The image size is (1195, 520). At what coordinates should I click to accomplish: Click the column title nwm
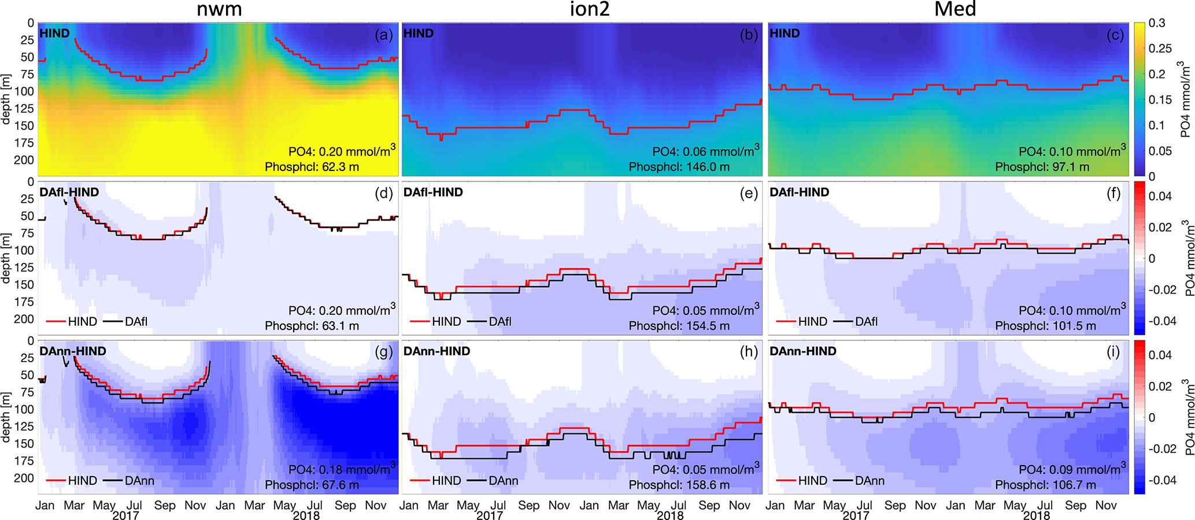pyautogui.click(x=219, y=9)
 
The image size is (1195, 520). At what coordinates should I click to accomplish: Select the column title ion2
pyautogui.click(x=589, y=9)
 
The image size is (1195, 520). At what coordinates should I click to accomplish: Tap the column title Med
pyautogui.click(x=955, y=9)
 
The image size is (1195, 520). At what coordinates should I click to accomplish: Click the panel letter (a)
pyautogui.click(x=384, y=35)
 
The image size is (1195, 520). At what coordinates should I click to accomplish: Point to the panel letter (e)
pyautogui.click(x=749, y=193)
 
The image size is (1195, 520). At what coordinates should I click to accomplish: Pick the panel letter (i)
pyautogui.click(x=1113, y=352)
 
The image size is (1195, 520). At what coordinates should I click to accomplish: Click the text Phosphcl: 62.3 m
pyautogui.click(x=312, y=167)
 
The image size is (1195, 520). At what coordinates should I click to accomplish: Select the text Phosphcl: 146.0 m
pyautogui.click(x=679, y=167)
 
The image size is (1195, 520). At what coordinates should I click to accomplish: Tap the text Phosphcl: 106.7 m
pyautogui.click(x=1045, y=485)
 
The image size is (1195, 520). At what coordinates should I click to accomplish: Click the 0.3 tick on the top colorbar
pyautogui.click(x=1156, y=23)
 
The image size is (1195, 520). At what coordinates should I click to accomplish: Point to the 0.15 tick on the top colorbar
pyautogui.click(x=1159, y=99)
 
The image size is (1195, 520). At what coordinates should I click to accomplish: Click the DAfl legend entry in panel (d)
pyautogui.click(x=136, y=321)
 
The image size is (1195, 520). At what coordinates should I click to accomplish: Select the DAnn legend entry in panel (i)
pyautogui.click(x=870, y=481)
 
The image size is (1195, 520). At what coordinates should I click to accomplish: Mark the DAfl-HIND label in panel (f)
pyautogui.click(x=799, y=192)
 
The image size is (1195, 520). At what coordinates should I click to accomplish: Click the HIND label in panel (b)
pyautogui.click(x=419, y=34)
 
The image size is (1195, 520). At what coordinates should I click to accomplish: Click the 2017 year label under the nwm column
pyautogui.click(x=125, y=515)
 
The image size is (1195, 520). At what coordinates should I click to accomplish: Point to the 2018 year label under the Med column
pyautogui.click(x=1036, y=515)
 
